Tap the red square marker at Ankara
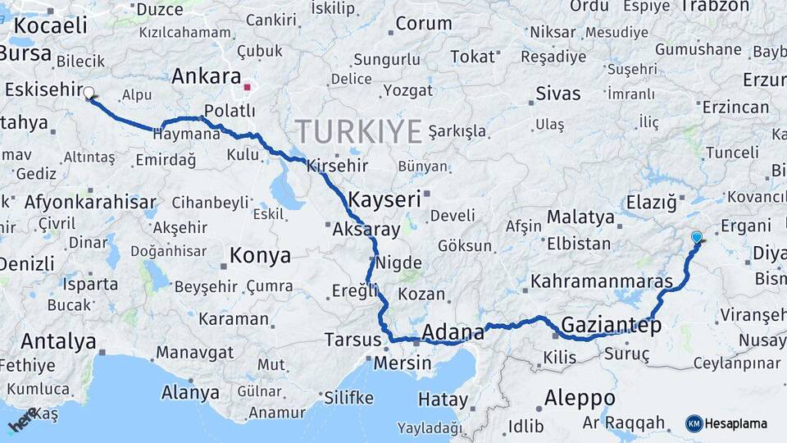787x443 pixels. coord(248,84)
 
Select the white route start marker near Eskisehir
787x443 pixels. coord(89,94)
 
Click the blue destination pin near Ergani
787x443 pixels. coord(697,238)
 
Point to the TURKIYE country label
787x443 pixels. coord(358,130)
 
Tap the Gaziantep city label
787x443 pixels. coord(611,323)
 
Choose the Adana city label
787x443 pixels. coord(453,332)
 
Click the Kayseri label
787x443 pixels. coord(384,199)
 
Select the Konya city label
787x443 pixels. coord(260,255)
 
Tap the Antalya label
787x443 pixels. coord(59,341)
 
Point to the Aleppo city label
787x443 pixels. coord(580,398)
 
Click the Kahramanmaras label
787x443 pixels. coord(602,281)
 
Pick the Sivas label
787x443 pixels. coord(557,93)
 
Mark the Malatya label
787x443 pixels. coord(580,217)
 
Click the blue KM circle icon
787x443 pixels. coord(694,423)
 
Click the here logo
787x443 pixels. coord(22,419)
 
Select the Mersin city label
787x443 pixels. coord(403,363)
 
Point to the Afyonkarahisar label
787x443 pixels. coord(90,202)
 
